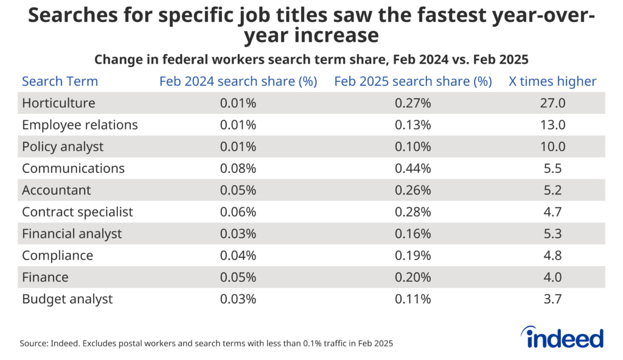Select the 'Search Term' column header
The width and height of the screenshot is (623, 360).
point(60,81)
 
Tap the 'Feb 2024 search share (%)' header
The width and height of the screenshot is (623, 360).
point(238,81)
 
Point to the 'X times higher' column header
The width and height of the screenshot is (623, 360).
point(552,81)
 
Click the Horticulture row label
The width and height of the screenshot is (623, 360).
point(58,103)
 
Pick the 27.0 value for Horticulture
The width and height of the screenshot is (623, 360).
point(552,103)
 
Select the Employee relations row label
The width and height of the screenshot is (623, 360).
point(80,125)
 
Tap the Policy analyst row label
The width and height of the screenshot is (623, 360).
point(63,147)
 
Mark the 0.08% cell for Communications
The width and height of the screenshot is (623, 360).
point(238,168)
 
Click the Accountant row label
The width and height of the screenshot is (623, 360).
point(56,190)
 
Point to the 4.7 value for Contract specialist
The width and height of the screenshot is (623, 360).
point(552,212)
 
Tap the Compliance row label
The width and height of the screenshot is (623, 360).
point(57,255)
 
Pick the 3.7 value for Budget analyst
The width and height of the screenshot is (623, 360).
point(552,299)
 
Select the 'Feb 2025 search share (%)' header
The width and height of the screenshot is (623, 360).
point(413,81)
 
